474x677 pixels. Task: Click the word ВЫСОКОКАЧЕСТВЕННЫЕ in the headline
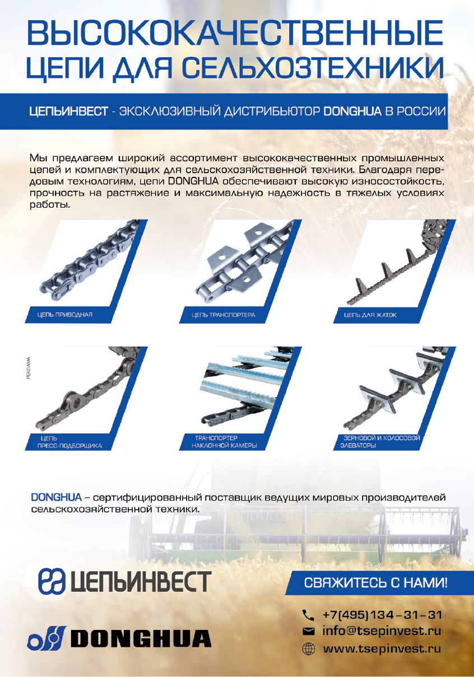(235, 32)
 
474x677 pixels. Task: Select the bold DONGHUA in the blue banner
(352, 111)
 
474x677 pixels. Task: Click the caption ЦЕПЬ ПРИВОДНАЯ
(65, 315)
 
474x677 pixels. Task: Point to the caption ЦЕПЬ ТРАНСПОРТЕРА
(223, 315)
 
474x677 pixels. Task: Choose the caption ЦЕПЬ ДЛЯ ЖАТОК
(370, 315)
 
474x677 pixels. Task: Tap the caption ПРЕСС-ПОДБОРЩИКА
(69, 446)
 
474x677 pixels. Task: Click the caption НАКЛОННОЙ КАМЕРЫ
(224, 446)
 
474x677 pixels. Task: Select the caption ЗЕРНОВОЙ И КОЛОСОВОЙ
(382, 438)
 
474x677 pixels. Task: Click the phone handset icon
(308, 615)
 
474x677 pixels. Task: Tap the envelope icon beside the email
(309, 631)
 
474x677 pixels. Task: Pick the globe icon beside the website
(309, 649)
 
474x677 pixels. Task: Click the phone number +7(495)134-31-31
(382, 615)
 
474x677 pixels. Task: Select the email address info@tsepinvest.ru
(382, 631)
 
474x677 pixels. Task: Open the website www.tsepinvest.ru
(382, 649)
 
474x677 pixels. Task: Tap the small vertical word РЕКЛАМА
(29, 368)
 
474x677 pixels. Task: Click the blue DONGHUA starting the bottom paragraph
(56, 497)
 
